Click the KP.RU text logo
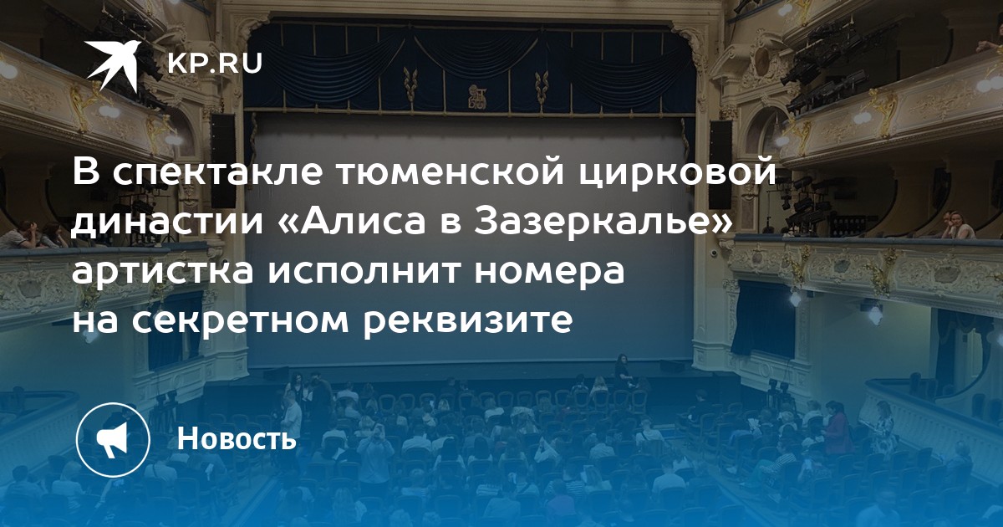pos(215,64)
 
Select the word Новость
pos(237,438)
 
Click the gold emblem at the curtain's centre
pos(476,95)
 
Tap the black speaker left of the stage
pos(222,161)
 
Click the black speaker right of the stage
pos(720,165)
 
